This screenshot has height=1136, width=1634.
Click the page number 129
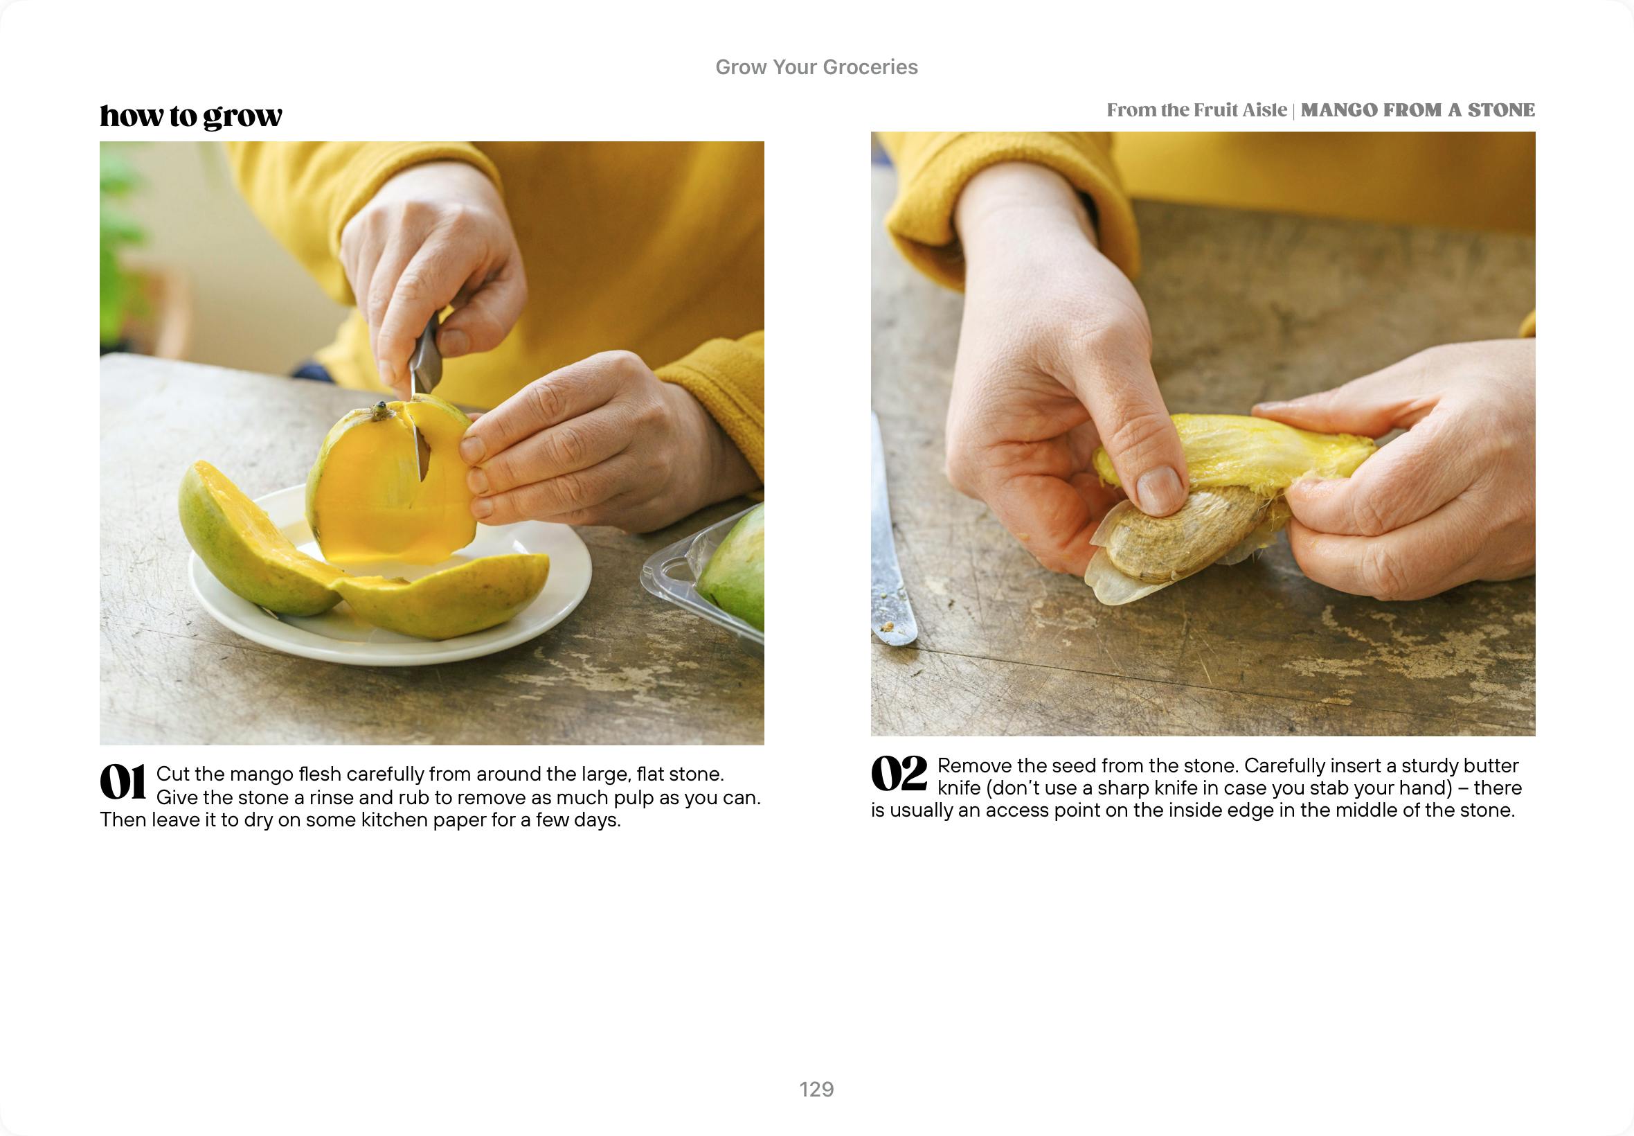pos(816,1089)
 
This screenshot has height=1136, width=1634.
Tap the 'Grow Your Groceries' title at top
pos(816,67)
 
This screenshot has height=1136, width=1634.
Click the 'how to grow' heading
pos(190,116)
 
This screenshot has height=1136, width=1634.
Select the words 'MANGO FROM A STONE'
pos(1418,110)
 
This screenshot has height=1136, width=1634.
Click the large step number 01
pos(123,781)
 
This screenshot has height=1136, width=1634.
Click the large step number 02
pos(899,774)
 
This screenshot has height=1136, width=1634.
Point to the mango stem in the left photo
pos(381,411)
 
